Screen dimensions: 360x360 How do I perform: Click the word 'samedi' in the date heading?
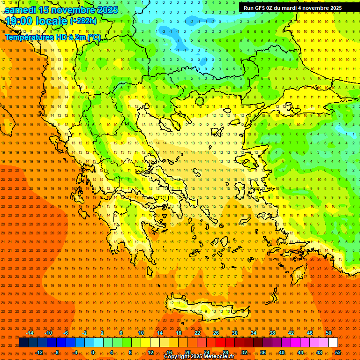click(21, 9)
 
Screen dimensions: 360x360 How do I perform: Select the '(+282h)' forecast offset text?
click(83, 21)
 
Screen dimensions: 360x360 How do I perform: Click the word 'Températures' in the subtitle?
click(27, 37)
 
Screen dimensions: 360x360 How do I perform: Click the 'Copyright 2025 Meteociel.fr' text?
click(199, 357)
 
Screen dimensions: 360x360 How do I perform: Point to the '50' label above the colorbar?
click(328, 333)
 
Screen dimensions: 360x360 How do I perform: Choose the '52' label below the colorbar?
click(338, 352)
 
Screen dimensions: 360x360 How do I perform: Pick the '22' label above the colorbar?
click(197, 333)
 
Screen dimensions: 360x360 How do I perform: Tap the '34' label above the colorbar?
click(254, 333)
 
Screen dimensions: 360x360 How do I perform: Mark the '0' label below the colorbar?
click(94, 352)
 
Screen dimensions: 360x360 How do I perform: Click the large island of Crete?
click(206, 307)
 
